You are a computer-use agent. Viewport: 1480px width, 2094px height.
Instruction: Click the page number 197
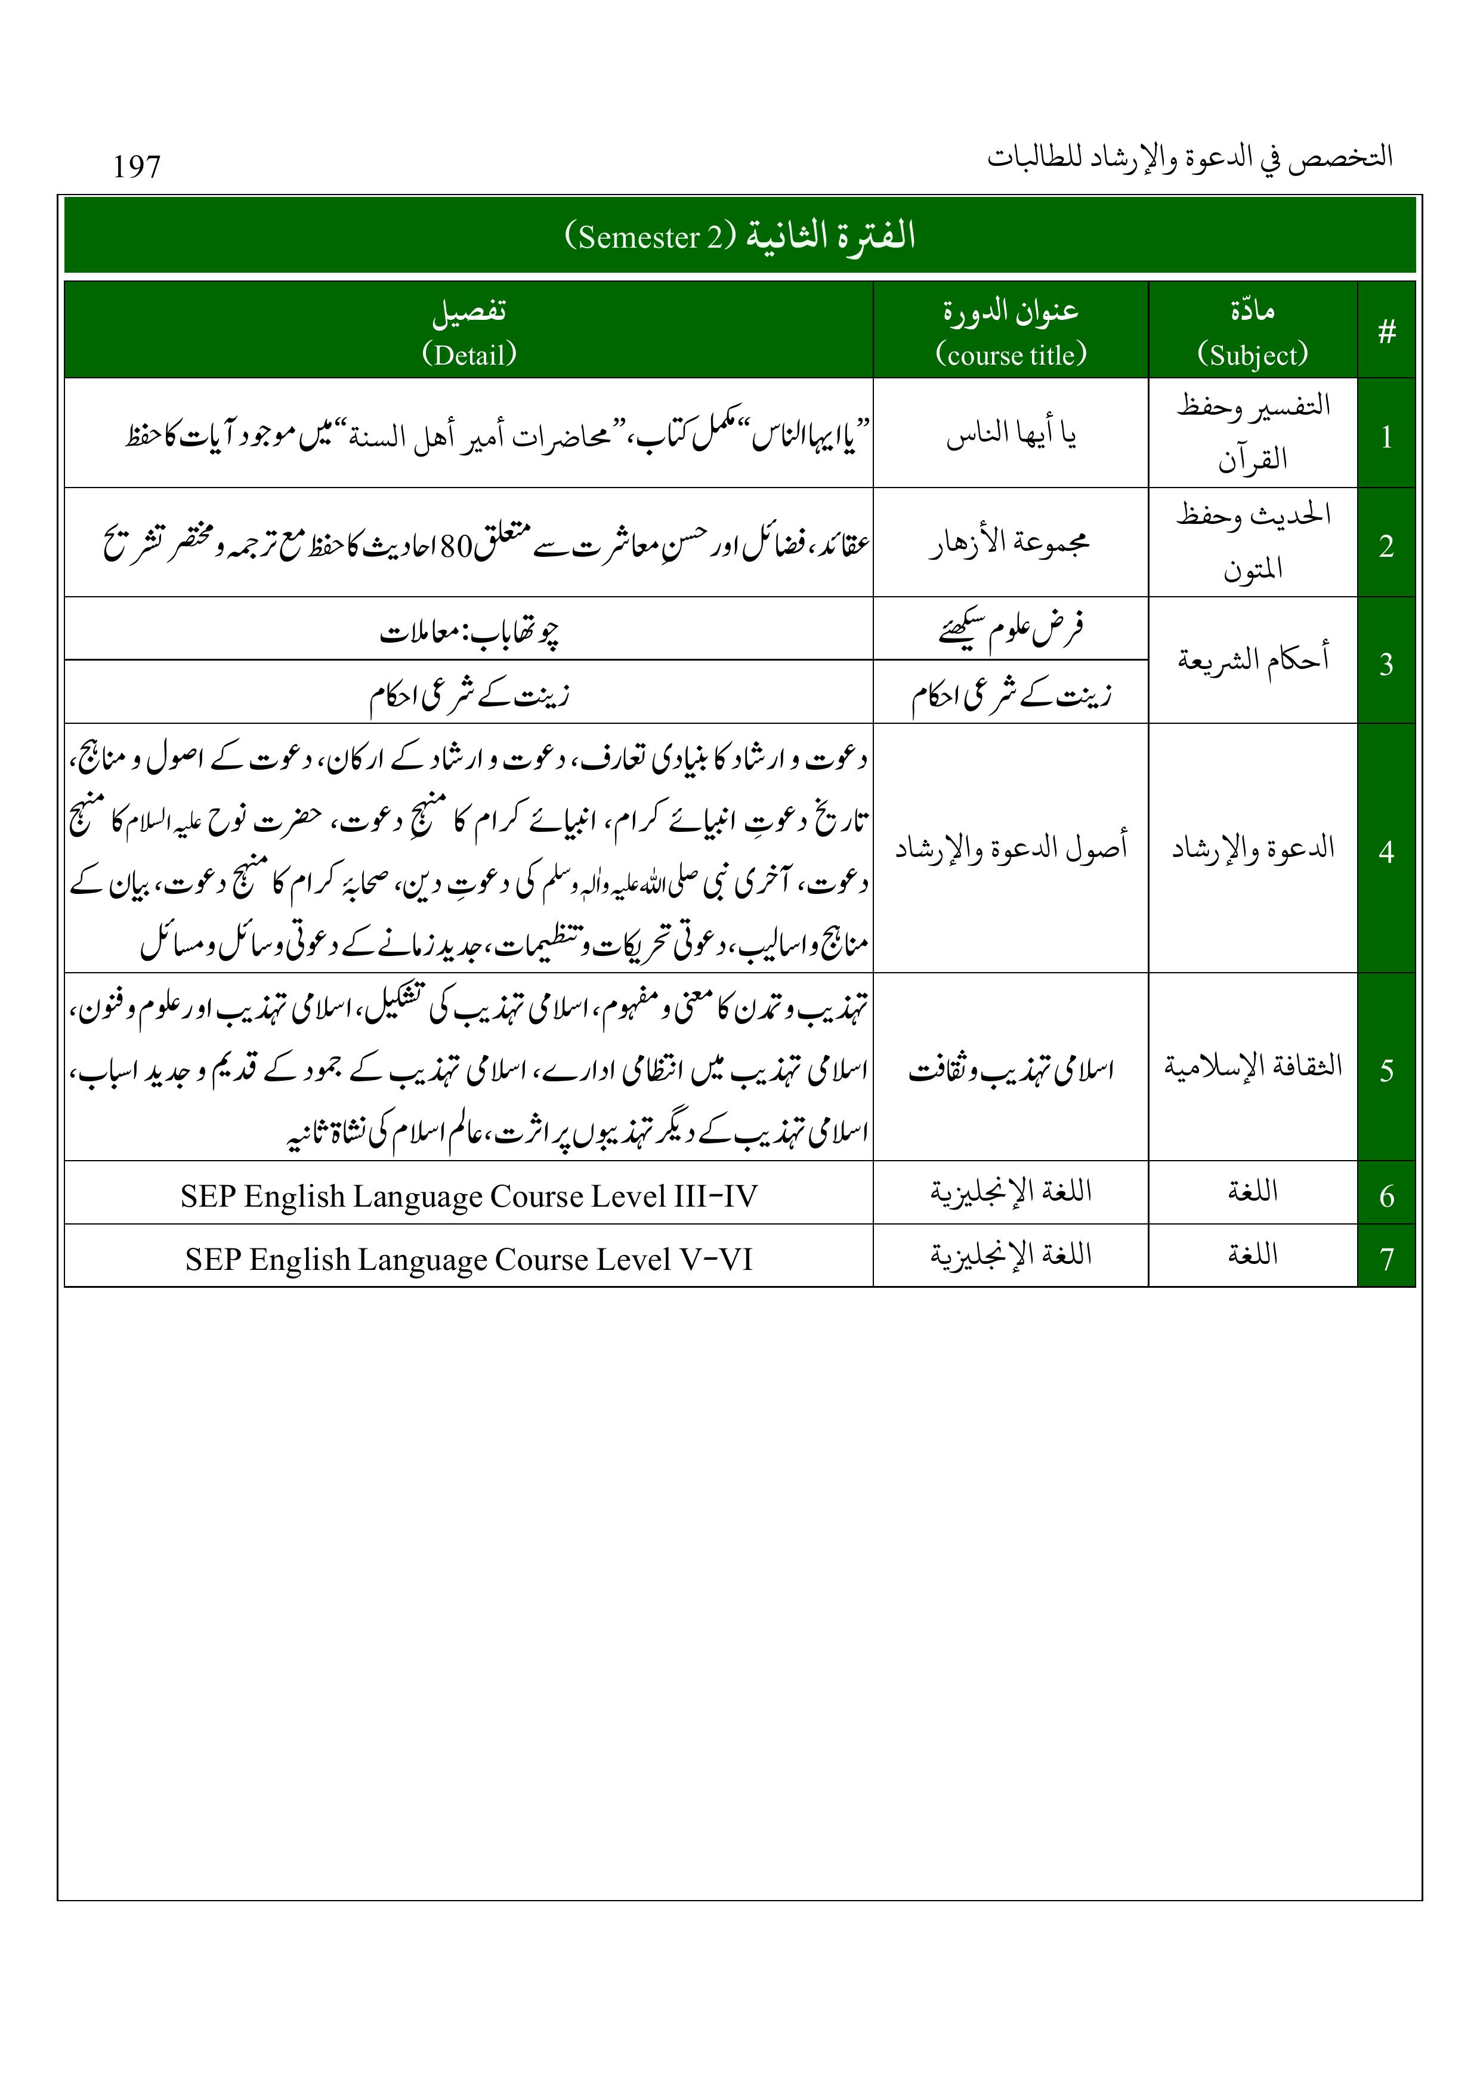[137, 167]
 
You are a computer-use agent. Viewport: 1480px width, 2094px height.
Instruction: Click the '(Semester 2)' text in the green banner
[649, 237]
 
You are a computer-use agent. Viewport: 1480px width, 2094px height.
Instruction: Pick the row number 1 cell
[1386, 437]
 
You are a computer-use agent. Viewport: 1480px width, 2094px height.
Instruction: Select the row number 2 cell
[1386, 545]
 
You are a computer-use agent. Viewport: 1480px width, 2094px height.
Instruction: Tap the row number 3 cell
[1386, 663]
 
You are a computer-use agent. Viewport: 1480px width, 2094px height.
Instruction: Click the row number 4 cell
[1386, 851]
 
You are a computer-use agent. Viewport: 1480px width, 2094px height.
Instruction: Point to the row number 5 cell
[1386, 1069]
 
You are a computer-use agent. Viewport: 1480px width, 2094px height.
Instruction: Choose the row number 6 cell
[1386, 1195]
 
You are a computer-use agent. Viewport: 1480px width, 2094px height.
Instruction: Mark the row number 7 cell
[1386, 1259]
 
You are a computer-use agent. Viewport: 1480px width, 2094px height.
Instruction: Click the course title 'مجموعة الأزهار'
[1011, 544]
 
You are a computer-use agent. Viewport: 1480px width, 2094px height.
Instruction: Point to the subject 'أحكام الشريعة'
[1252, 658]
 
